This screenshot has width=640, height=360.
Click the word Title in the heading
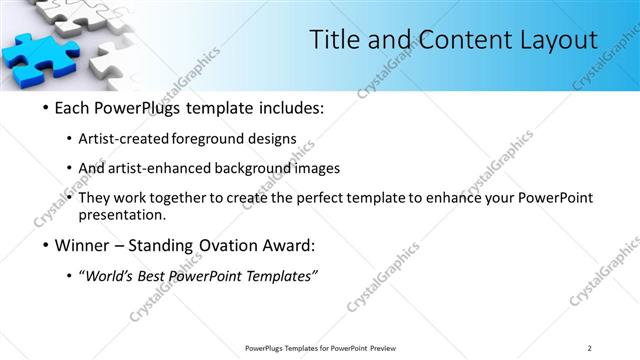[x=334, y=39]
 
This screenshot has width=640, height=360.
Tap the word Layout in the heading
[x=553, y=39]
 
